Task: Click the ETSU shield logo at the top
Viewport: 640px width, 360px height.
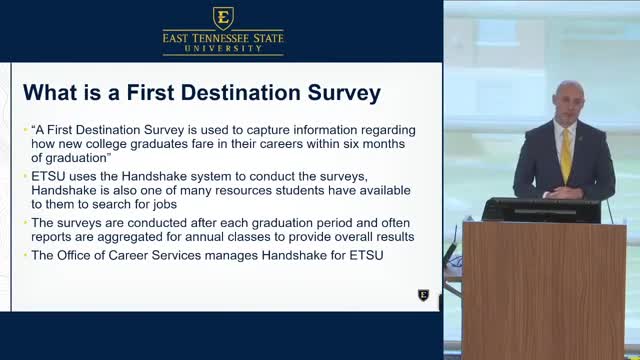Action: pos(222,17)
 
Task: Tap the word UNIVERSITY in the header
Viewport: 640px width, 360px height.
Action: pos(223,50)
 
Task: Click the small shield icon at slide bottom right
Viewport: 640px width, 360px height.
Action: pos(423,295)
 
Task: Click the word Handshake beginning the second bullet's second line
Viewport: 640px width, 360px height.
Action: pos(65,189)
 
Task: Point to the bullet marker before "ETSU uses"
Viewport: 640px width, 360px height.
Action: pos(25,176)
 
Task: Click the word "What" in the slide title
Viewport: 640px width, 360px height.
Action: pos(49,94)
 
